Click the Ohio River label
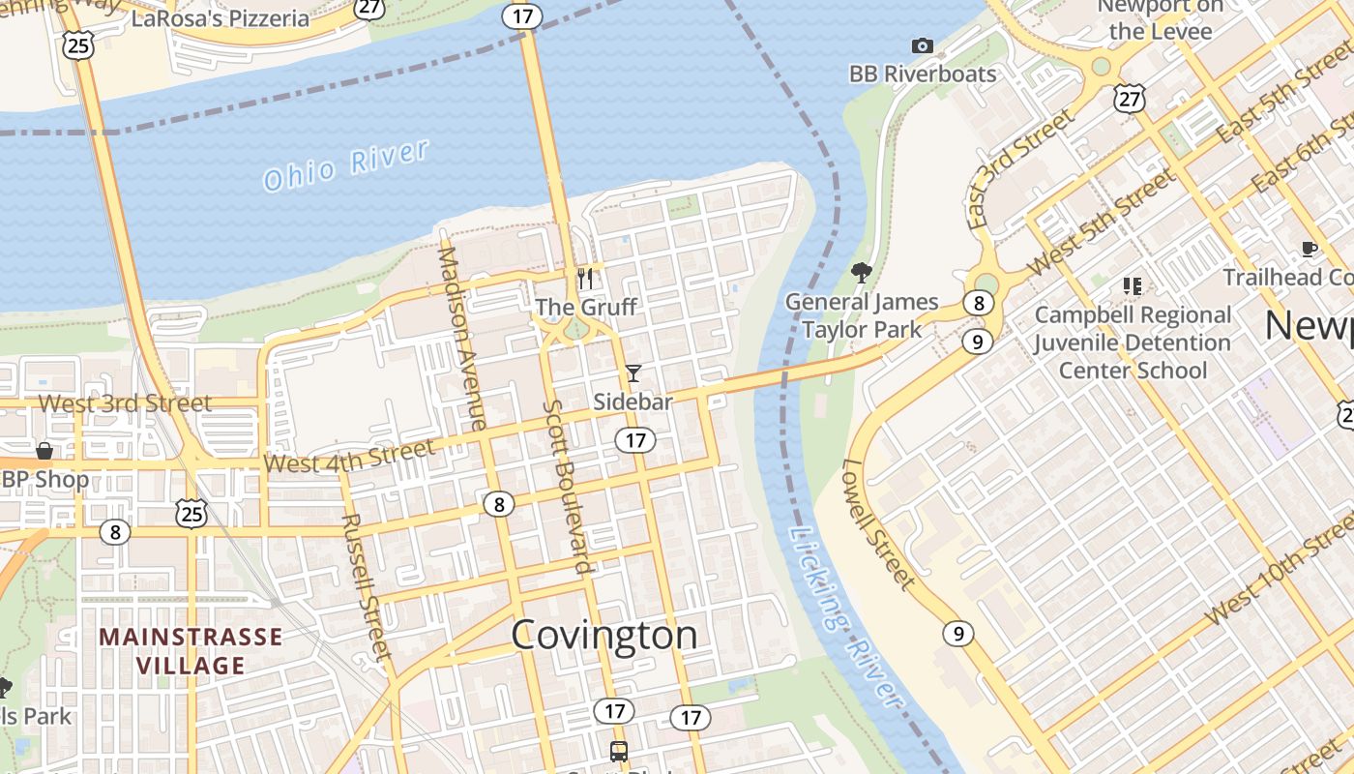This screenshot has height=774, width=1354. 345,165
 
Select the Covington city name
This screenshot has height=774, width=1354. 603,635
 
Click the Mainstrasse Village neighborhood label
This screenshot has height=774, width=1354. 191,651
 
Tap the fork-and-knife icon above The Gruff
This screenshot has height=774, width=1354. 585,279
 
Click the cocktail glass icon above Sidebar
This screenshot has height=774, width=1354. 633,372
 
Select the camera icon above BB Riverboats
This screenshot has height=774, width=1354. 923,45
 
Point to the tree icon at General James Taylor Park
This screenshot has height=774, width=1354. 861,273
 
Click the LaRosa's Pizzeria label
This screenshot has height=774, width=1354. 220,18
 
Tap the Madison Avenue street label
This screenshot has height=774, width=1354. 462,339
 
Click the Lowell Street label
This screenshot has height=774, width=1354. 877,523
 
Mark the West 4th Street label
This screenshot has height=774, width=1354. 349,457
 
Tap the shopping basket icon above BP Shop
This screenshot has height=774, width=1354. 44,451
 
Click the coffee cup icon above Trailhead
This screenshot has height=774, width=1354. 1310,249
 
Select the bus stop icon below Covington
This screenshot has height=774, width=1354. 618,751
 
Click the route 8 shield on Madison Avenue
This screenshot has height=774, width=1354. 499,503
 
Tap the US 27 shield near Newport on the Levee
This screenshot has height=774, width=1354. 1129,97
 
